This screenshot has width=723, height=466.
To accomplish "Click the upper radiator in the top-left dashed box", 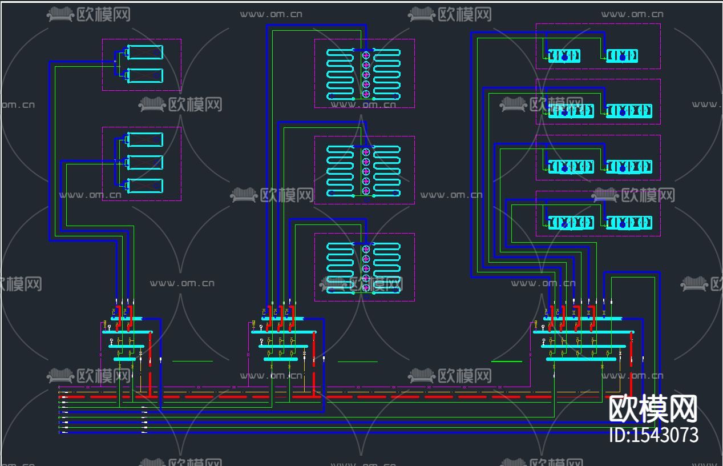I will pos(145,53).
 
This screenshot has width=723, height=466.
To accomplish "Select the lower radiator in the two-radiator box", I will pos(145,75).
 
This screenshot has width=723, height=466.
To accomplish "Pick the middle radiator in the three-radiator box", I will pos(145,163).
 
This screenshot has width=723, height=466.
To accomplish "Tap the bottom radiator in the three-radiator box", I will pos(145,186).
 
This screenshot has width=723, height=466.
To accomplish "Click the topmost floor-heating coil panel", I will pos(364,74).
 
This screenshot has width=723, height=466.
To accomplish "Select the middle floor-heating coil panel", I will pos(364,170).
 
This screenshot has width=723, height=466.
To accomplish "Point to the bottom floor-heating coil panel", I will pos(364,267).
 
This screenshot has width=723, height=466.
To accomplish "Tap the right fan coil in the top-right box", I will pos(622,56).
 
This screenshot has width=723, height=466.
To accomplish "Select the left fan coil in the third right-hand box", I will pos(571,167).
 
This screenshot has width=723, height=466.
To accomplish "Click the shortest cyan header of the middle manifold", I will pos(281,359).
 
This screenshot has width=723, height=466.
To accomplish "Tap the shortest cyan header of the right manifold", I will pos(581,359).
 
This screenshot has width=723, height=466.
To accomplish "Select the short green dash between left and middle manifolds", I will pos(192,361).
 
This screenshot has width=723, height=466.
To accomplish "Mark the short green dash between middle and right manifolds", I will pos(358,361).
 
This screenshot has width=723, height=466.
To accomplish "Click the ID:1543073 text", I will pos(653,435).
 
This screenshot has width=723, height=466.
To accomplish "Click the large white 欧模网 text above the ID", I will pos(653,408).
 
